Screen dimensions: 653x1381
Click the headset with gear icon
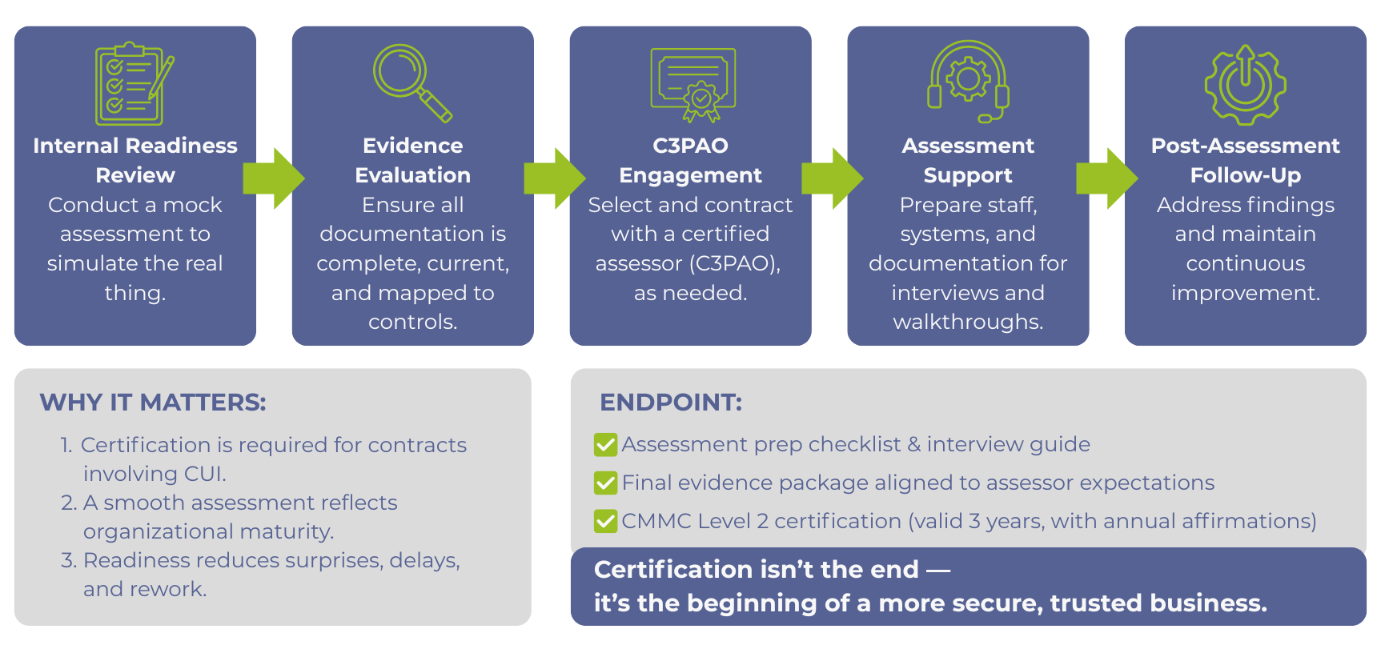tap(968, 81)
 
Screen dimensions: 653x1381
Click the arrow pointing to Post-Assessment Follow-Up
tap(1107, 178)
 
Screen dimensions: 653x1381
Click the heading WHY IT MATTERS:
tap(153, 403)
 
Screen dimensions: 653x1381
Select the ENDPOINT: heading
tap(671, 403)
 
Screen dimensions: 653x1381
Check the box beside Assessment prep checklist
tap(605, 445)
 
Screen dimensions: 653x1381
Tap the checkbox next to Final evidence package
tap(605, 483)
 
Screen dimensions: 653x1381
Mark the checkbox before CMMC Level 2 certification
tap(605, 522)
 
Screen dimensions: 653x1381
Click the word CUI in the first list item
tap(204, 474)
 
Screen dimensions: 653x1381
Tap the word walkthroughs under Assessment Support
tap(968, 322)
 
